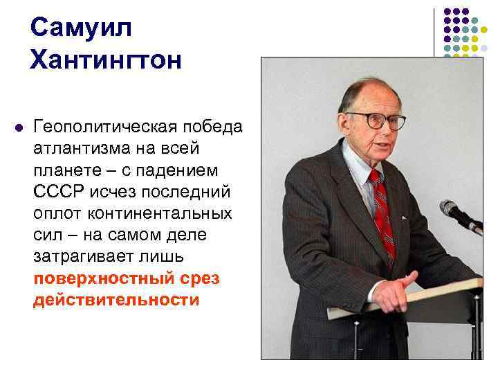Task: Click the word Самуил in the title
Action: [80, 28]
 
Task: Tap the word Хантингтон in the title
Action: [106, 60]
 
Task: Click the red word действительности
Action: [116, 301]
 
